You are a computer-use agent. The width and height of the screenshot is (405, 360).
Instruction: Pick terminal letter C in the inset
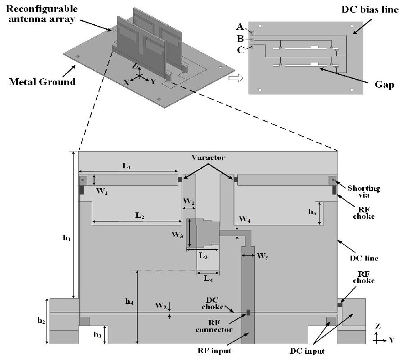tap(241, 49)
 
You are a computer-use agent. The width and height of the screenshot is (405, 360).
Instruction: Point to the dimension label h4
tap(130, 302)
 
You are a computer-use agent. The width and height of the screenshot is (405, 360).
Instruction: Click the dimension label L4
tap(208, 279)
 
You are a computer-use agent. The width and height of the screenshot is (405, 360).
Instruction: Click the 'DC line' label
tap(364, 258)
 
